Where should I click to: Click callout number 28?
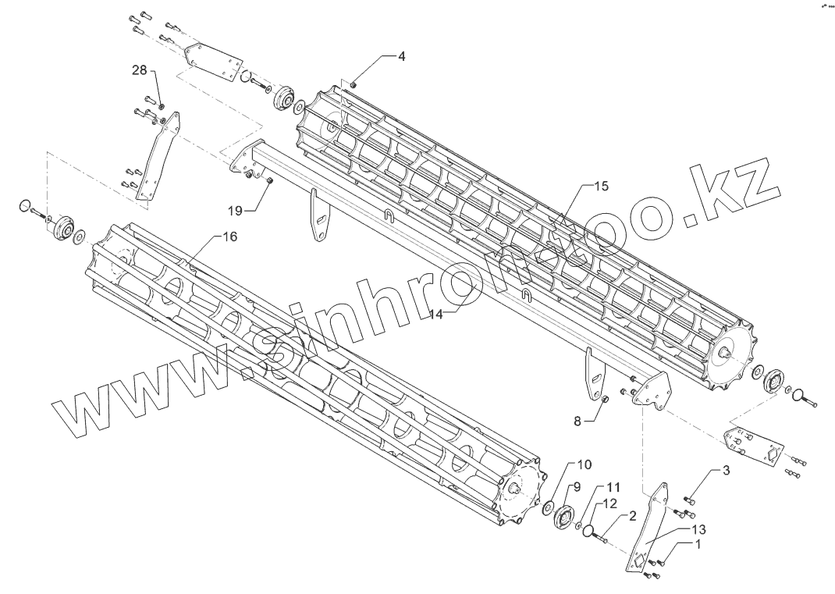[x=139, y=70]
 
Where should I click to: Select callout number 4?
[x=401, y=57]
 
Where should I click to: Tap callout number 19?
[x=236, y=209]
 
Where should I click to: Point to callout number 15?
[x=600, y=187]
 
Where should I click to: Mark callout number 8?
[x=577, y=421]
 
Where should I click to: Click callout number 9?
[x=577, y=486]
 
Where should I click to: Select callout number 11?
[x=613, y=486]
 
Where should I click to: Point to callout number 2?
[x=632, y=515]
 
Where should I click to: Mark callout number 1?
[x=699, y=546]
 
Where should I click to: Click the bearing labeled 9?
[x=563, y=516]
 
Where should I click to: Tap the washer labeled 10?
[x=546, y=509]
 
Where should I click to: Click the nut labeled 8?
[x=604, y=400]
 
